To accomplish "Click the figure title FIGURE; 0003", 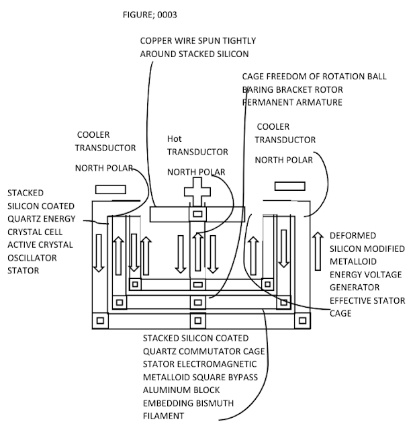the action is (150, 15).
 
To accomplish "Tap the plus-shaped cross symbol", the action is (197, 191).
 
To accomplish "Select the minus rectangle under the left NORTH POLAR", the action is (111, 189).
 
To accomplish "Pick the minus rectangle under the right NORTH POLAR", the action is (289, 186).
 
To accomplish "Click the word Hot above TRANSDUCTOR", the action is (175, 139).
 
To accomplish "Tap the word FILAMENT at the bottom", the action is (163, 416).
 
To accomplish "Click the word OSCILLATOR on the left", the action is (32, 258).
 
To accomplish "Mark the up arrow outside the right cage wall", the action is (318, 251).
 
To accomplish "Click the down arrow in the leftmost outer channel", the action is (99, 253).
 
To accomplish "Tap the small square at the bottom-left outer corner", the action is (100, 320).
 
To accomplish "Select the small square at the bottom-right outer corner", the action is (302, 320).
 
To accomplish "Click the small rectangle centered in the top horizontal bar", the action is (197, 214).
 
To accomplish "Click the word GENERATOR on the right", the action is (355, 288).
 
